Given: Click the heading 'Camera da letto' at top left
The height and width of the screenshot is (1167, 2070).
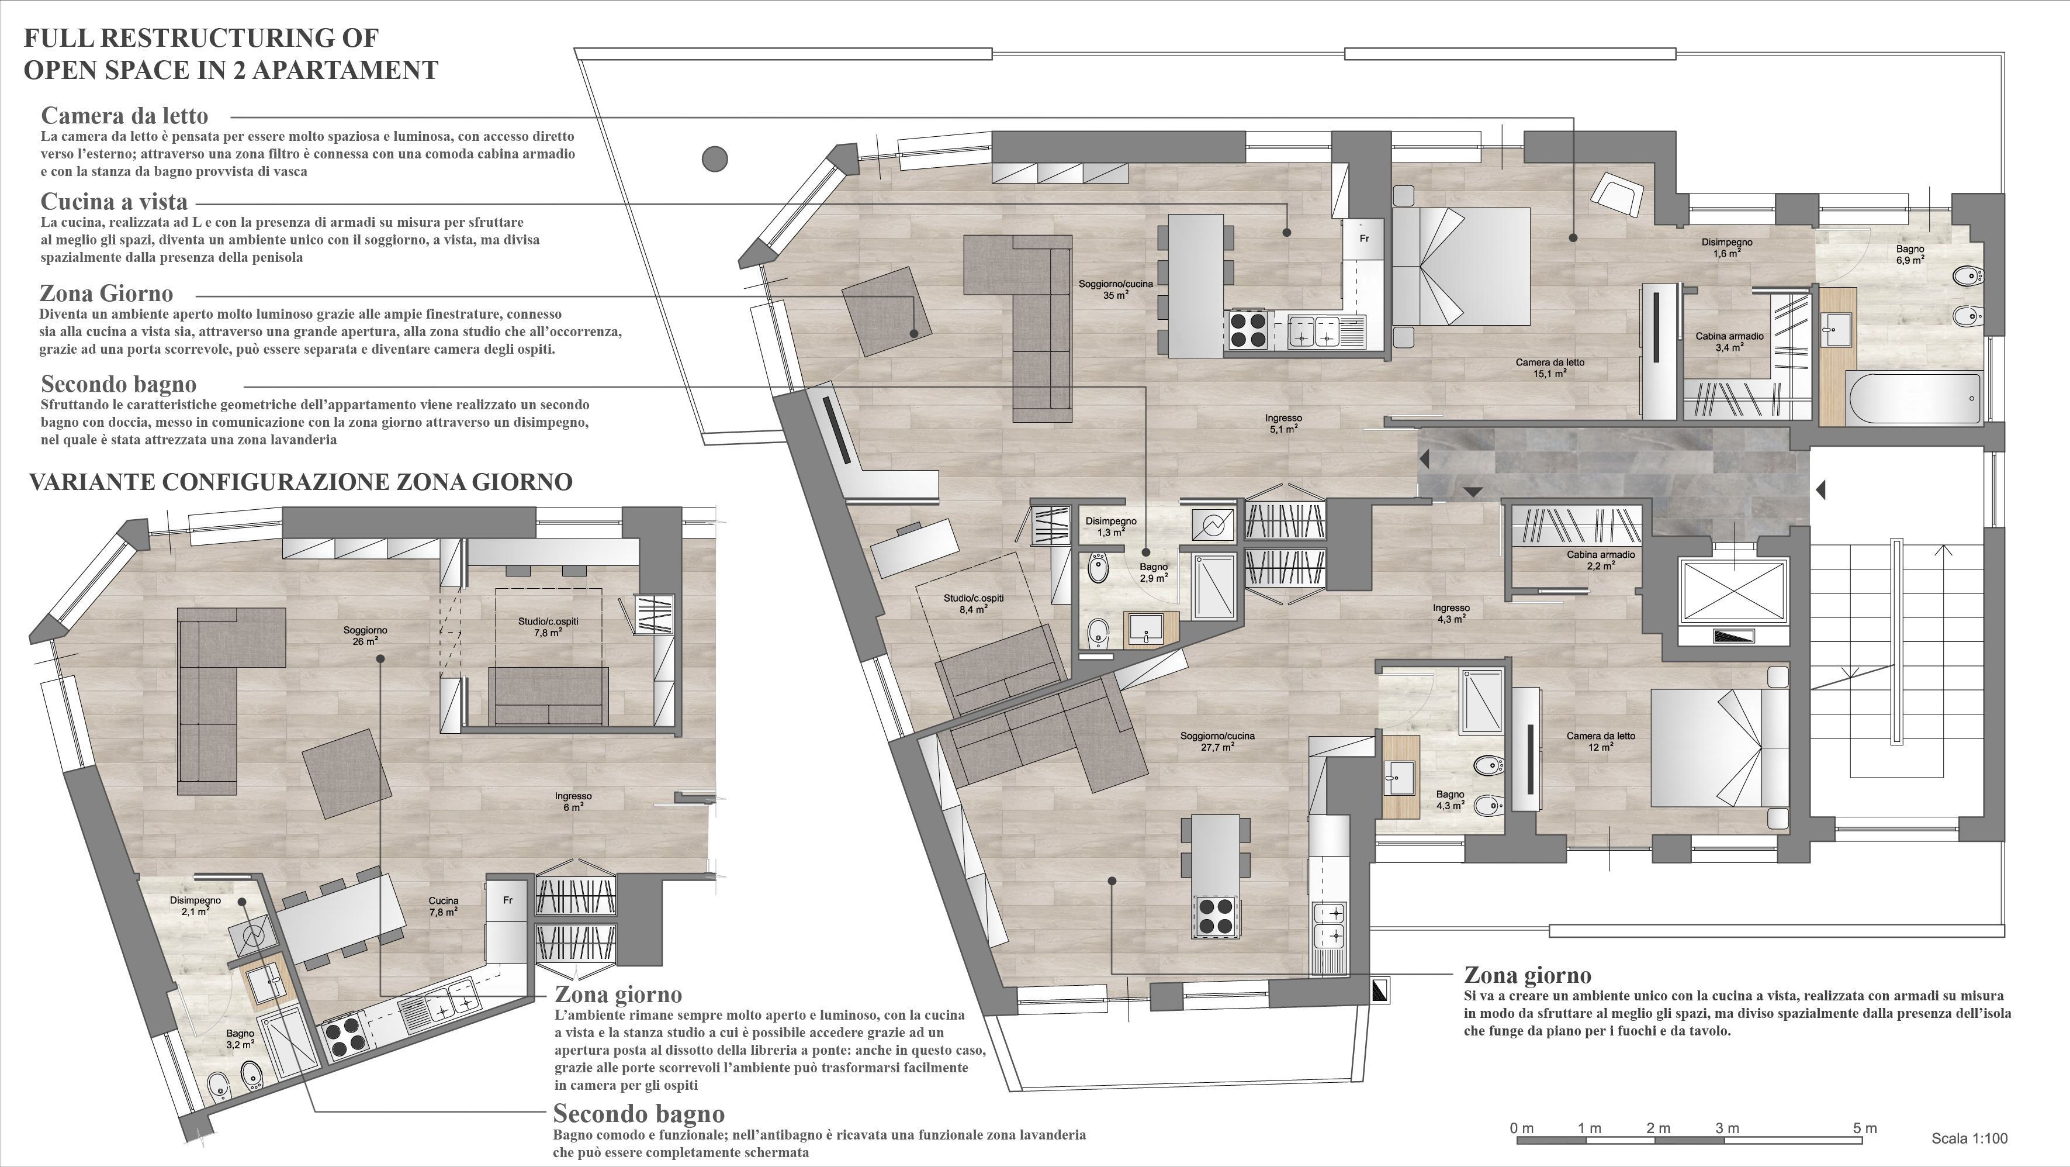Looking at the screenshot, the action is tap(124, 116).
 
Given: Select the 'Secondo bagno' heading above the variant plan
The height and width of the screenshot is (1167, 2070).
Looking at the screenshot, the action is tap(119, 384).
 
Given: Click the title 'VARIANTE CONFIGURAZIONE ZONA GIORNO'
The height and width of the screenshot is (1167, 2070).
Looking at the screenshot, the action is tap(300, 482).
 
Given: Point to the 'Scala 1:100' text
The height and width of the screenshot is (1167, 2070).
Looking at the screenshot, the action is tap(1969, 1138).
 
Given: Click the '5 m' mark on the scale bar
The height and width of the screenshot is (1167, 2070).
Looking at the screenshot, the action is tap(1864, 1128).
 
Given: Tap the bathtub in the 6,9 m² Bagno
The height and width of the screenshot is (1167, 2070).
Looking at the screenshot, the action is tap(1915, 399).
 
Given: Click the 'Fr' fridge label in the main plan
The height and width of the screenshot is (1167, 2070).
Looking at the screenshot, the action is tap(1363, 239).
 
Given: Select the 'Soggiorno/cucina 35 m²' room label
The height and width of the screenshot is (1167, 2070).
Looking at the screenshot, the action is tap(1115, 289).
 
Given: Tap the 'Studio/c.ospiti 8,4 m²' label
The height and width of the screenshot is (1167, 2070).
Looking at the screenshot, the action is tap(973, 603).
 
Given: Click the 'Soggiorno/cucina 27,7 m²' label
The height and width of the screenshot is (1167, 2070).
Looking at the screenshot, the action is tap(1217, 741).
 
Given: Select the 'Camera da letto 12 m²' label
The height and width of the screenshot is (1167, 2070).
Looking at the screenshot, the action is tap(1601, 741).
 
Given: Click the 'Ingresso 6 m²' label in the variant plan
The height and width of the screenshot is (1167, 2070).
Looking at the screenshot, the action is tap(573, 802).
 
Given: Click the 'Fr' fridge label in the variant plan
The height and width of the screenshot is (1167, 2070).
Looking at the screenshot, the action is tap(508, 900).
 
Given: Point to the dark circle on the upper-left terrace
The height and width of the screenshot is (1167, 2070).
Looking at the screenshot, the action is tap(714, 159).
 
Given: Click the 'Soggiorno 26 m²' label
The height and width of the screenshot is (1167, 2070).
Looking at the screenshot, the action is tap(366, 636).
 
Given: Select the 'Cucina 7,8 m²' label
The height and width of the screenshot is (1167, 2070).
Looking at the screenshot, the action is tap(444, 906).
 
